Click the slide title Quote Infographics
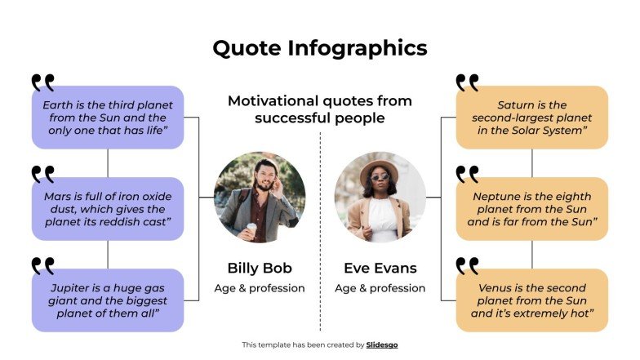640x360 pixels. click(319, 48)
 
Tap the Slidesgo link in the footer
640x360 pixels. click(382, 345)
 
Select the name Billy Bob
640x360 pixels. click(260, 268)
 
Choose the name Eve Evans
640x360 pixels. click(380, 268)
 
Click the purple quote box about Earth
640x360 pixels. click(108, 118)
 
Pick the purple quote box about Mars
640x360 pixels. click(108, 209)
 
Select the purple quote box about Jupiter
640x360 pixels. click(108, 300)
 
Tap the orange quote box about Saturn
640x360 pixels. click(531, 118)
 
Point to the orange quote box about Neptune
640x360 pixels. click(531, 209)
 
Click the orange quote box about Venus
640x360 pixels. click(531, 300)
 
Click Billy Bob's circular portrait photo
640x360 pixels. click(260, 198)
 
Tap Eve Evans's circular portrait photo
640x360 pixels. click(380, 198)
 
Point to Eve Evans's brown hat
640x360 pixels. click(380, 169)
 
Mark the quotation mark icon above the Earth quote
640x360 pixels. click(43, 82)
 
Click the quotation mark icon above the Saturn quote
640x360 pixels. click(468, 82)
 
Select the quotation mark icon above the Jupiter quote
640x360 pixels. click(43, 265)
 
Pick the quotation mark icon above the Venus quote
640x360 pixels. click(468, 265)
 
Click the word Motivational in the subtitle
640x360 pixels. click(273, 101)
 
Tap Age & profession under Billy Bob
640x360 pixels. click(260, 288)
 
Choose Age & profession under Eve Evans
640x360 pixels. click(380, 288)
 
